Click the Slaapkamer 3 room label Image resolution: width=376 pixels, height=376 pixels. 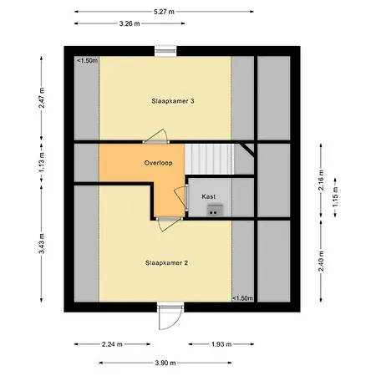click(x=173, y=101)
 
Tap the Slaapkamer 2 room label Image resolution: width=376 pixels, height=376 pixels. click(x=165, y=262)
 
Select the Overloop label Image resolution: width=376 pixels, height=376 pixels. click(x=158, y=163)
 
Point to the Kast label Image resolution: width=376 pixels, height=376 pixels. click(x=209, y=196)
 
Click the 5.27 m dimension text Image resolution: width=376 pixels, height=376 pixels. click(x=165, y=12)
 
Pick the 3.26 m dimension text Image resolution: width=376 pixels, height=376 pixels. click(x=130, y=23)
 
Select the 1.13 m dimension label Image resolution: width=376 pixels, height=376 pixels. click(x=40, y=164)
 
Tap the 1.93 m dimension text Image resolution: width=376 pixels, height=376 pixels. click(x=221, y=343)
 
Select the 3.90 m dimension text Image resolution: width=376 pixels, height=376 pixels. click(x=165, y=363)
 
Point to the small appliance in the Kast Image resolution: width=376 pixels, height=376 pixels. click(x=212, y=211)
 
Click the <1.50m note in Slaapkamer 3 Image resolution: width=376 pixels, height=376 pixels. click(x=88, y=60)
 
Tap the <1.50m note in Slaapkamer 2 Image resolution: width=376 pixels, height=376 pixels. click(x=241, y=298)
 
